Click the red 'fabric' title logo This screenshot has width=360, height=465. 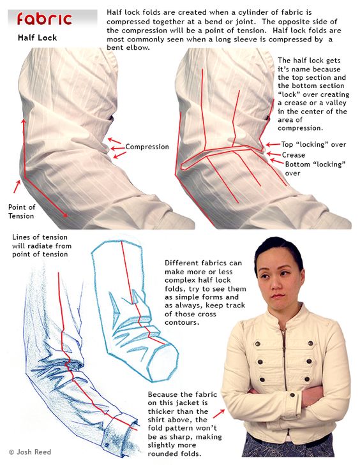click(45, 19)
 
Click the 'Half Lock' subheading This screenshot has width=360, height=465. click(37, 38)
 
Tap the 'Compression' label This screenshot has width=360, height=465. click(147, 147)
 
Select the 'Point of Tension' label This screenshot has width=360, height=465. click(21, 211)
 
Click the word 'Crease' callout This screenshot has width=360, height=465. click(293, 155)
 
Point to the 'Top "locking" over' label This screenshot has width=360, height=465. click(313, 144)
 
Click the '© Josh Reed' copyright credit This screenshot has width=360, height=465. click(29, 452)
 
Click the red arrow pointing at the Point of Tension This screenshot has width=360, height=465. click(17, 187)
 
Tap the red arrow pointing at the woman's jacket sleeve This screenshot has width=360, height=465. click(219, 414)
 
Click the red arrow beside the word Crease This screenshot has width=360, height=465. click(273, 154)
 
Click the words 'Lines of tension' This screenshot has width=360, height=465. click(40, 237)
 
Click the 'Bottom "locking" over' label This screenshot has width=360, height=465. click(315, 168)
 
